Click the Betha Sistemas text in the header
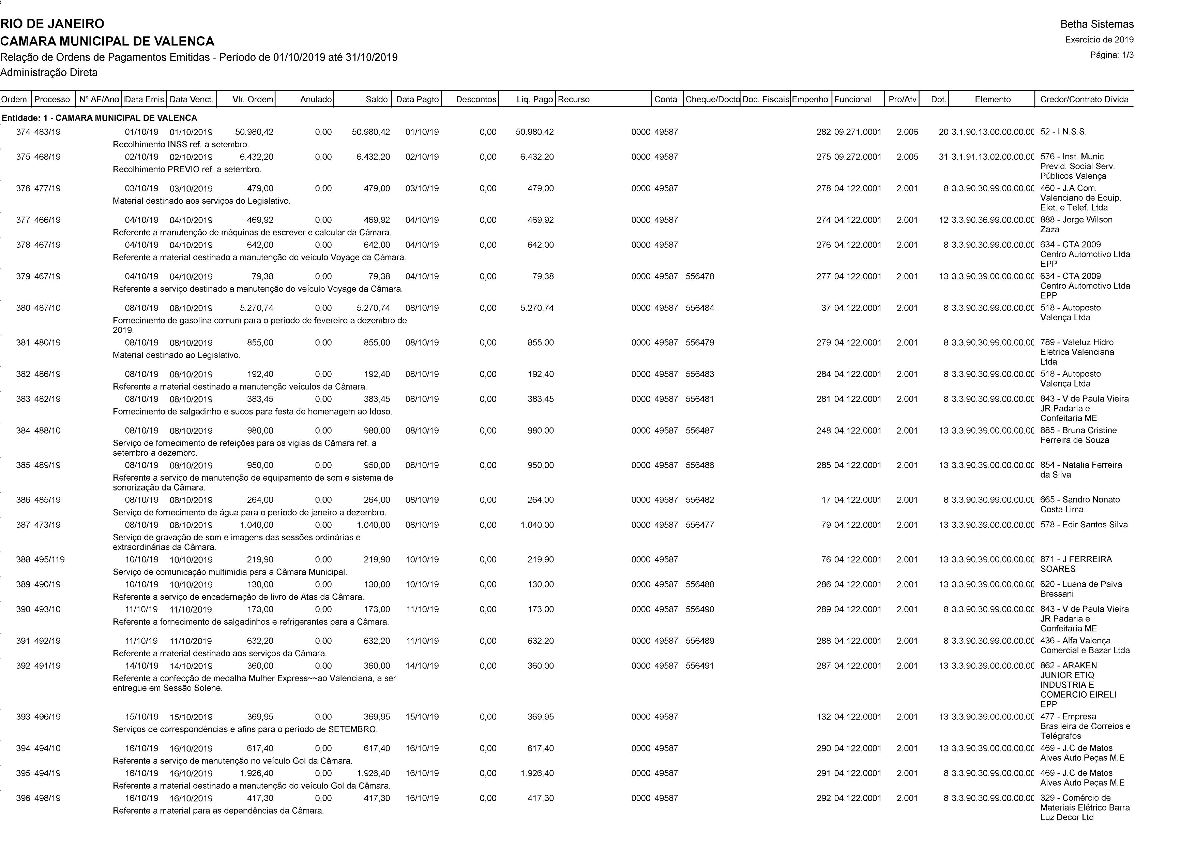1096,24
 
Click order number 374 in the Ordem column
23,132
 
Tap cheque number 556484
700,308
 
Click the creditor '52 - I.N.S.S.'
1063,132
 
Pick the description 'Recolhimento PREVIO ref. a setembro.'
187,170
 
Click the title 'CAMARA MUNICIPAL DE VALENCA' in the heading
107,41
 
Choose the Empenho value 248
823,431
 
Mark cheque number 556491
700,666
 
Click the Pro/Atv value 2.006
907,132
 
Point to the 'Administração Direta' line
49,72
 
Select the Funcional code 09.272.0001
858,157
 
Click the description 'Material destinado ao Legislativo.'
177,355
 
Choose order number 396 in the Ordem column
23,798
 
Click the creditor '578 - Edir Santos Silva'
1084,525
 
